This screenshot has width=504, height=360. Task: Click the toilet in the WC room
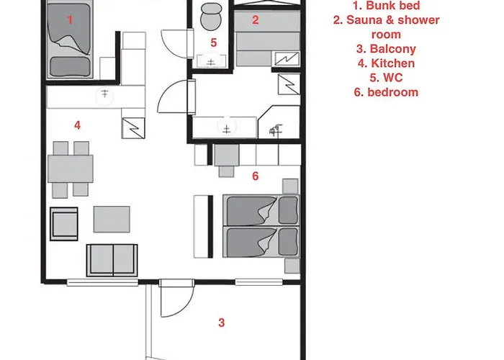click(211, 17)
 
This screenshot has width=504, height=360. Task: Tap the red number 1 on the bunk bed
click(70, 20)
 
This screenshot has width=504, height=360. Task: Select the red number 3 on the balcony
click(222, 323)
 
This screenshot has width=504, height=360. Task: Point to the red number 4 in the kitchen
click(77, 125)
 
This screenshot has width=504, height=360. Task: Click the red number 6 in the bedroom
click(255, 176)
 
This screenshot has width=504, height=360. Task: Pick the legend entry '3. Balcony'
click(386, 49)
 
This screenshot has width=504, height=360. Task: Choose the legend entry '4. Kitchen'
click(386, 63)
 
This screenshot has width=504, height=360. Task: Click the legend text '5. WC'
click(386, 78)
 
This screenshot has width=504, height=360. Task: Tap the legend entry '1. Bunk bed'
click(386, 6)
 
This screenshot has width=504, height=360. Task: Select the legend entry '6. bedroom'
click(386, 92)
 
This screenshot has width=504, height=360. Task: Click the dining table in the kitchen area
click(71, 168)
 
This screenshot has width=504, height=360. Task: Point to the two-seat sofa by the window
click(112, 261)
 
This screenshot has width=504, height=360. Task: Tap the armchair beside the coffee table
click(64, 224)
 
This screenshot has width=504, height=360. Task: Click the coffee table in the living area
click(112, 219)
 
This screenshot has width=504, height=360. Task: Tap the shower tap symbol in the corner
click(275, 130)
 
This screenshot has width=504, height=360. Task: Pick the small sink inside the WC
click(210, 61)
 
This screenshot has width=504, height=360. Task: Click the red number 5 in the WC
click(214, 42)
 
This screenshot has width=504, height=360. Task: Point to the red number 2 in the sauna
click(255, 20)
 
